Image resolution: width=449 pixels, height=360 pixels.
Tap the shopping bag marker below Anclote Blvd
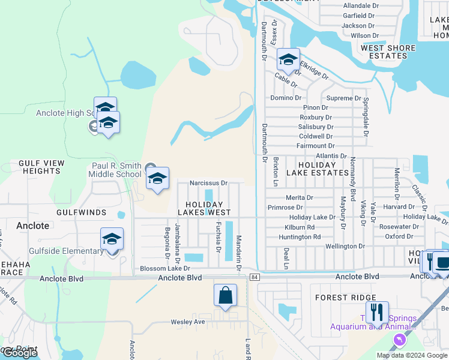coord(225,296)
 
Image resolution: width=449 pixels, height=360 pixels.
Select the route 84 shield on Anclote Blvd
coord(255,277)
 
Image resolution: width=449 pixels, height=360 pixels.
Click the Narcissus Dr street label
coord(208,183)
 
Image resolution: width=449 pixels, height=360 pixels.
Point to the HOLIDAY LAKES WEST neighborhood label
coord(204,208)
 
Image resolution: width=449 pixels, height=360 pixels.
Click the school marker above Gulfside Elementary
coord(112,239)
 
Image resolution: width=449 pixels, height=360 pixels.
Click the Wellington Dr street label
coord(345,246)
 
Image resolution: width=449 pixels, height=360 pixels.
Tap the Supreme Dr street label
coord(344,98)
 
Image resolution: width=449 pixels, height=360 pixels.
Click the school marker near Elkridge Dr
coord(288,59)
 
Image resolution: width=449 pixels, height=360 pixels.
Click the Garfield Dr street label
coord(358,16)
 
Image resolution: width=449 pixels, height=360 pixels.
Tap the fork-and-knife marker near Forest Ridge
coord(377,313)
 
